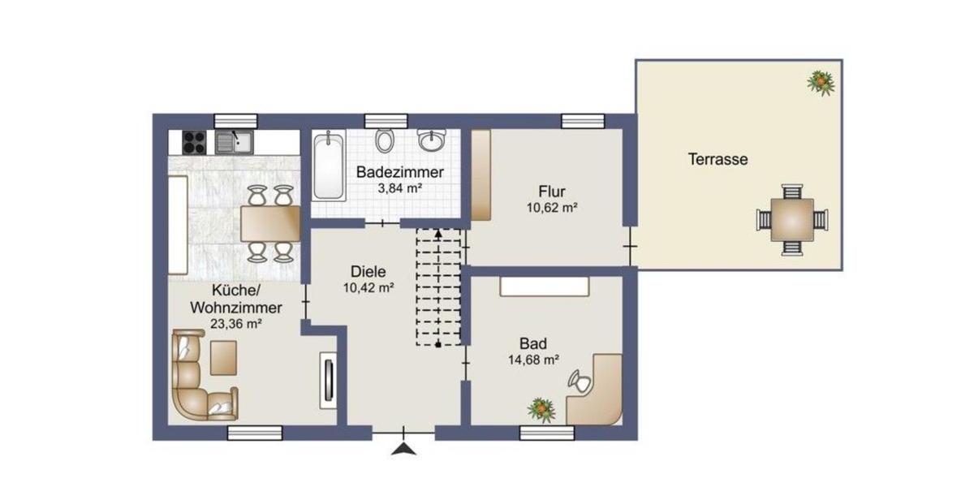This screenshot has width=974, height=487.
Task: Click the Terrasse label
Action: click(718, 160)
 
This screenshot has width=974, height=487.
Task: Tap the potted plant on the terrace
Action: click(821, 81)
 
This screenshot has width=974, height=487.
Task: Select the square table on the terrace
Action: click(792, 218)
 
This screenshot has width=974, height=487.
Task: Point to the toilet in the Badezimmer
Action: click(386, 140)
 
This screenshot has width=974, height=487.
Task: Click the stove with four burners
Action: click(194, 143)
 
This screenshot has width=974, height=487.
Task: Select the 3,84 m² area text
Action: click(399, 188)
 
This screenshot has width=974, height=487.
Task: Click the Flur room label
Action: click(551, 192)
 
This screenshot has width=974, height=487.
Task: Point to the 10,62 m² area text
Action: click(551, 208)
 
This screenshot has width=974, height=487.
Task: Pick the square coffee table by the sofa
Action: click(223, 357)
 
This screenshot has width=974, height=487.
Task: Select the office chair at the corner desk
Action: click(579, 379)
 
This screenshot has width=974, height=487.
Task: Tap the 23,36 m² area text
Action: click(236, 324)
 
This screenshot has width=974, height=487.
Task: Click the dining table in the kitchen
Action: click(269, 223)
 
